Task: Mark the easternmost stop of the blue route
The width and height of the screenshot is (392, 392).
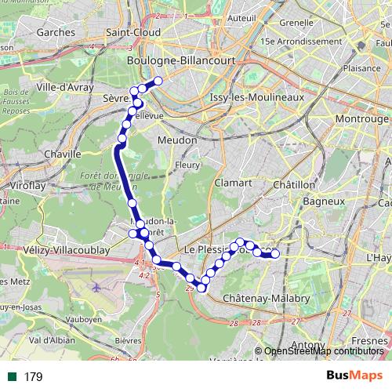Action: (x=275, y=253)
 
